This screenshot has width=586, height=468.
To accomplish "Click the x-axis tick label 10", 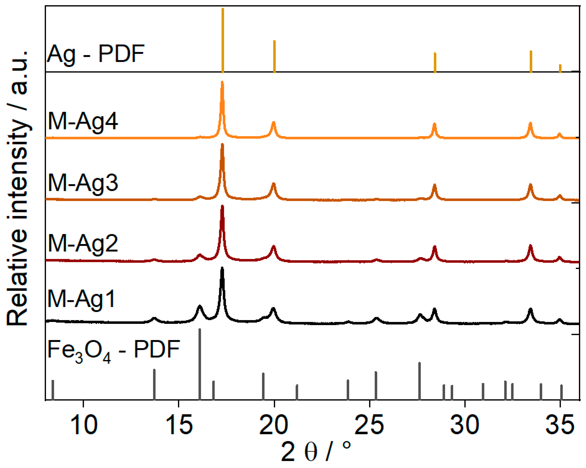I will pyautogui.click(x=83, y=425).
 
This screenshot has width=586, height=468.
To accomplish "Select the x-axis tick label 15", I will pyautogui.click(x=179, y=425).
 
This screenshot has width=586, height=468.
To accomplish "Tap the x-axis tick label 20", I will pyautogui.click(x=274, y=425).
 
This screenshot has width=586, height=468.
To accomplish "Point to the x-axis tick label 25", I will pyautogui.click(x=369, y=425).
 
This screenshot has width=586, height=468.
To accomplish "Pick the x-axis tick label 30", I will pyautogui.click(x=465, y=425).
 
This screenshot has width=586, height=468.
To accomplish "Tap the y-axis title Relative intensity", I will pyautogui.click(x=18, y=188).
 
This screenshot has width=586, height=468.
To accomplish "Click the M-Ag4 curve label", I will pyautogui.click(x=83, y=121).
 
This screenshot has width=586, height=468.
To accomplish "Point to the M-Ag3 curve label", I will pyautogui.click(x=83, y=183).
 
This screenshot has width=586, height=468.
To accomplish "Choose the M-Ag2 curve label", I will pyautogui.click(x=83, y=244).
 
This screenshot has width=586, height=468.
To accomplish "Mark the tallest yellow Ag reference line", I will pyautogui.click(x=223, y=41).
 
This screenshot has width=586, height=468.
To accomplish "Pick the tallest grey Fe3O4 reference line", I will pyautogui.click(x=200, y=365).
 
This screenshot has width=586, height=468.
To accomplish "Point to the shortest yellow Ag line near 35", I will pyautogui.click(x=560, y=68).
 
